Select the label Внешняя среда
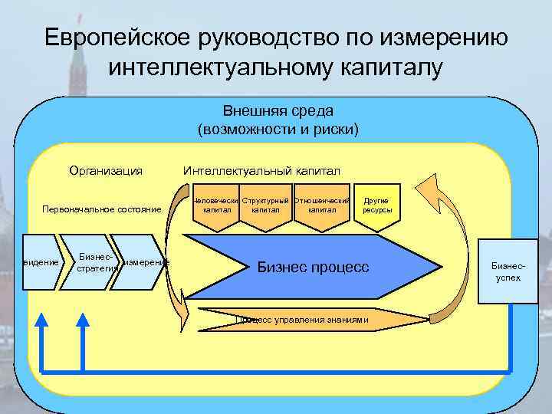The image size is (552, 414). pos(278,112)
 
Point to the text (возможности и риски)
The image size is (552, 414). pos(278,128)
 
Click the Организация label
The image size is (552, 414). pos(106,170)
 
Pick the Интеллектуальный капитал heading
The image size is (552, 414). pos(261,170)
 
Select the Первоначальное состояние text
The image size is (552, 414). pos(102,209)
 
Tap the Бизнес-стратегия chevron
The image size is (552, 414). pos(96,262)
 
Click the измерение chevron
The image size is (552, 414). pos(146,262)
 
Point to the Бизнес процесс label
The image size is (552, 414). pos(313,268)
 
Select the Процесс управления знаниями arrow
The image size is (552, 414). pos(307,320)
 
